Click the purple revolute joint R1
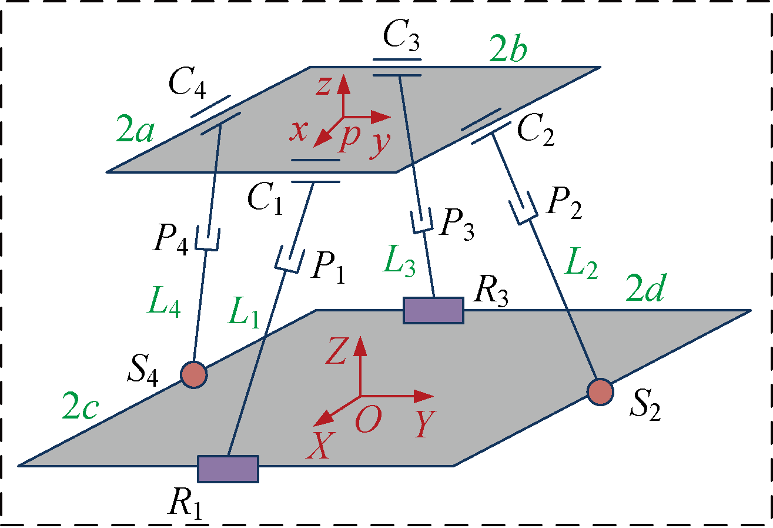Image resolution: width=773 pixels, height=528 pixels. pyautogui.click(x=228, y=469)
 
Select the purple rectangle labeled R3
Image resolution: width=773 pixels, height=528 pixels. pyautogui.click(x=433, y=310)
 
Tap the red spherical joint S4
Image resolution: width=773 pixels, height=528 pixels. pyautogui.click(x=193, y=374)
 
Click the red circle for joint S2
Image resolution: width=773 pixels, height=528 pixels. pyautogui.click(x=600, y=391)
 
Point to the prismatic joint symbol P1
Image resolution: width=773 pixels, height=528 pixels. pyautogui.click(x=289, y=260)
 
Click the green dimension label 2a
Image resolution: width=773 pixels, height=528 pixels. pyautogui.click(x=135, y=133)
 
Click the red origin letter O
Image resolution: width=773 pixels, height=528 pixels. pyautogui.click(x=368, y=421)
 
